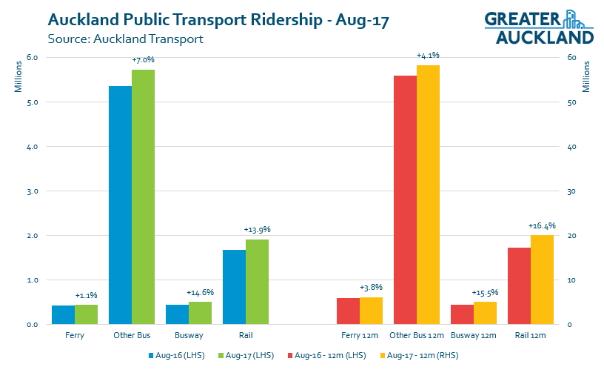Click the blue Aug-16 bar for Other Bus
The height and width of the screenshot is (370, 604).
pos(120,205)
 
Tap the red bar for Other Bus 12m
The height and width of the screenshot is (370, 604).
pos(405,200)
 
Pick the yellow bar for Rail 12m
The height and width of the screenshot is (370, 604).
pos(542,280)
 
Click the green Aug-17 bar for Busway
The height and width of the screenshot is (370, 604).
pos(200,313)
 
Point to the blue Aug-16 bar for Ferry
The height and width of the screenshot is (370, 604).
pos(63,314)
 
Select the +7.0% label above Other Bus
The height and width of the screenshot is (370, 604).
pos(143,59)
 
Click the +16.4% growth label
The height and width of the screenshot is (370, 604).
pos(542,225)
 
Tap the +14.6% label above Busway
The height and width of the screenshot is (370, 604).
pos(200,292)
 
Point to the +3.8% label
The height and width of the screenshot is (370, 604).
pos(371,288)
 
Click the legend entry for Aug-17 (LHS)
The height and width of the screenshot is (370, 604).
pos(249,356)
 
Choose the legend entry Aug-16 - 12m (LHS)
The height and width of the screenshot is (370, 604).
pos(329,356)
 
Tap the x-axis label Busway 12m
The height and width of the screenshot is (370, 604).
pos(473,335)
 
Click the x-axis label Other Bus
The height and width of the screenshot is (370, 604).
pos(131,335)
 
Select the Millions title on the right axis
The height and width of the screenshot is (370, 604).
pos(586,77)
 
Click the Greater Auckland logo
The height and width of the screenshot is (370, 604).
pos(539,27)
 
